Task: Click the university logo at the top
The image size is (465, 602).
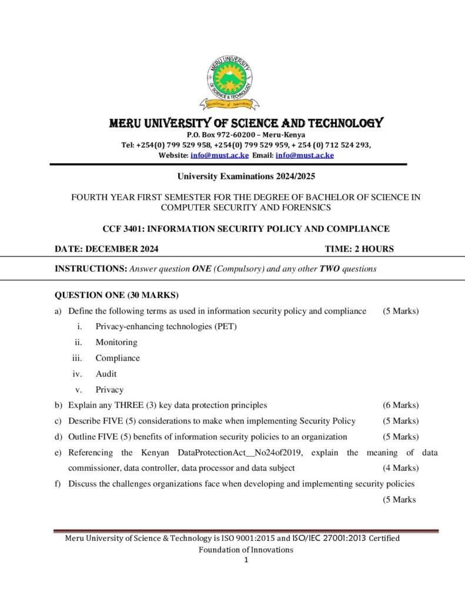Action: click(229, 86)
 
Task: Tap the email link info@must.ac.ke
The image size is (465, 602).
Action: click(305, 155)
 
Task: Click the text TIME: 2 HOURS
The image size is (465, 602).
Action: click(359, 249)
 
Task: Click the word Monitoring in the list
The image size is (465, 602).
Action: click(116, 342)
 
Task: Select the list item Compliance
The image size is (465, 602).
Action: click(118, 358)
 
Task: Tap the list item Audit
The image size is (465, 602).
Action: click(106, 374)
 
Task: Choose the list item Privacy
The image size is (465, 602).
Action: click(109, 390)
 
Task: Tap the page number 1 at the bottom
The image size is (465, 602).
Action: click(246, 560)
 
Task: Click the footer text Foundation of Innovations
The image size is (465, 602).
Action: click(246, 550)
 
